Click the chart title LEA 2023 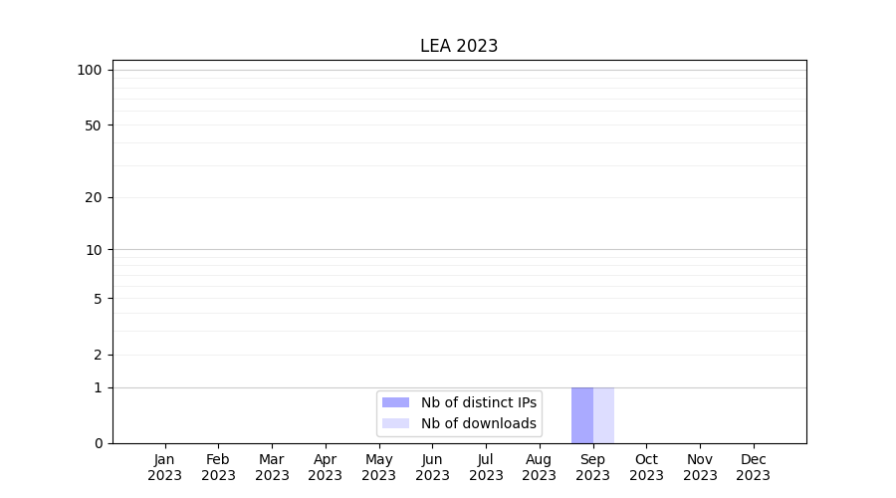[x=458, y=46]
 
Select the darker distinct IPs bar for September [x=581, y=415]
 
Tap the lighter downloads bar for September [x=603, y=415]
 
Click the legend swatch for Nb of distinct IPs [x=395, y=402]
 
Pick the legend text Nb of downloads [x=478, y=423]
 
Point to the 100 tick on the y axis [x=90, y=70]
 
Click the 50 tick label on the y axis [x=94, y=125]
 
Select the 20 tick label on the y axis [x=94, y=197]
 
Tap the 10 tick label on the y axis [x=94, y=250]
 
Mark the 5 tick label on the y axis [x=98, y=299]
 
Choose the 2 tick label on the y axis [x=98, y=355]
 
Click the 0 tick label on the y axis [x=98, y=443]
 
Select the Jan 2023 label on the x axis [x=165, y=467]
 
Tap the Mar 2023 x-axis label [x=272, y=467]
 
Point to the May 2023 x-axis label [x=379, y=467]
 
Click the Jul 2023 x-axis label [x=486, y=467]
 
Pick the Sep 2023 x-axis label [x=592, y=467]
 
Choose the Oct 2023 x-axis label [x=646, y=467]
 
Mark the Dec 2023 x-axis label [x=754, y=467]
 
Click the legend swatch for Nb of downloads [x=395, y=423]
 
